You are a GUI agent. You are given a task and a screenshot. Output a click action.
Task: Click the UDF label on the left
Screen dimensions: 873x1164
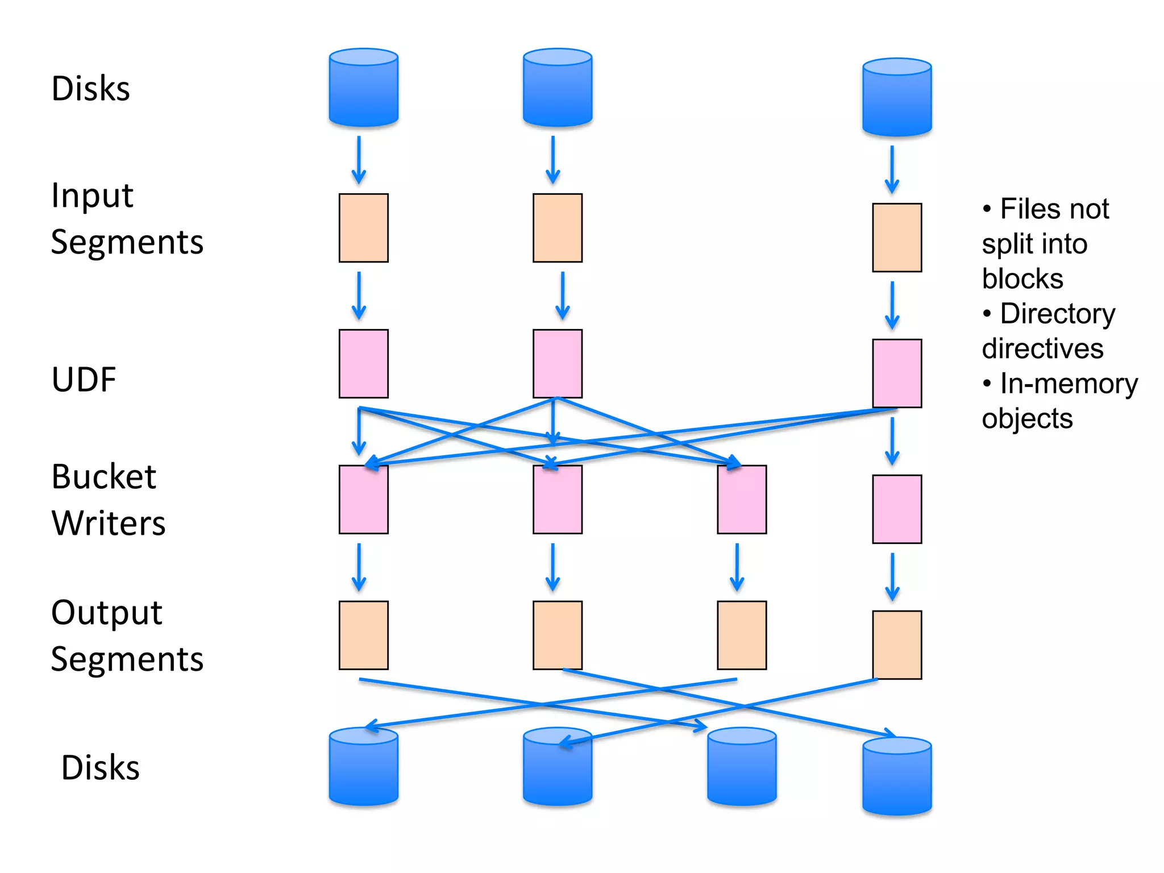84,380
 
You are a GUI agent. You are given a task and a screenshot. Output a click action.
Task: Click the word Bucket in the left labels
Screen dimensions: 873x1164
103,476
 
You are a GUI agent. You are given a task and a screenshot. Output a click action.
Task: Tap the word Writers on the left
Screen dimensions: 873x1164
108,523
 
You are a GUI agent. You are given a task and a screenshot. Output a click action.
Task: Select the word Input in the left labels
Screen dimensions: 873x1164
92,196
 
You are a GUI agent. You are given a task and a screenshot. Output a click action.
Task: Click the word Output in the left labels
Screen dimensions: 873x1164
107,613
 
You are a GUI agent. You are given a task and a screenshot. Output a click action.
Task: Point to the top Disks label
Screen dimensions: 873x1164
90,89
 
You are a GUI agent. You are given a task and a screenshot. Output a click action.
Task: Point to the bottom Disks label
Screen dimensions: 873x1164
100,768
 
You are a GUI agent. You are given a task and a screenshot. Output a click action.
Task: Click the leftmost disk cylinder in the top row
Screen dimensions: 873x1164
364,88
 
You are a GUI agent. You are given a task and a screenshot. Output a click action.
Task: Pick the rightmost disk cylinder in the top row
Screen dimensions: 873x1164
897,98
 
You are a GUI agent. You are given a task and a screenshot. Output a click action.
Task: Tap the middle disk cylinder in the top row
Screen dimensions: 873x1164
558,88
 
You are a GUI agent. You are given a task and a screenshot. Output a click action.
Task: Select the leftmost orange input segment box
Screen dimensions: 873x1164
364,228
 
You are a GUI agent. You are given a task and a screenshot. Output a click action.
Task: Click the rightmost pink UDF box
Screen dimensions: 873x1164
897,373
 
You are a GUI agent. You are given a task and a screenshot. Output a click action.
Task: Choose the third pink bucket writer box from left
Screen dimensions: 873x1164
742,500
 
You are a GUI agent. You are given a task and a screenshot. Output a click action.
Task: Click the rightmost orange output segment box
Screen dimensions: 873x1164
897,645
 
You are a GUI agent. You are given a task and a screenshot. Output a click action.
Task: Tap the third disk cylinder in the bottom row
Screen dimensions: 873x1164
742,767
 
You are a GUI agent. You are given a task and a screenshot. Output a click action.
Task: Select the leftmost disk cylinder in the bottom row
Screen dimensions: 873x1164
364,767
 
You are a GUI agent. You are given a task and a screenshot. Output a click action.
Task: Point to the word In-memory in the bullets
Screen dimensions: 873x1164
1069,384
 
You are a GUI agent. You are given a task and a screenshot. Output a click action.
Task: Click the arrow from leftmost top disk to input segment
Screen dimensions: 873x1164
359,159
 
